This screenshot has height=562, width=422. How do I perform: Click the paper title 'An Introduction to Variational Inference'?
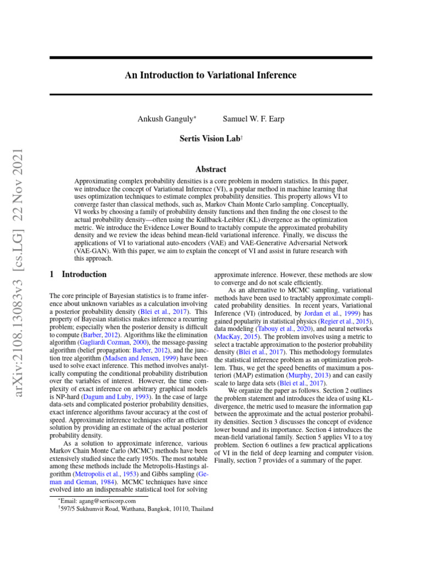tap(210, 75)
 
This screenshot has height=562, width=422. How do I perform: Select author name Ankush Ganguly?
tap(159, 119)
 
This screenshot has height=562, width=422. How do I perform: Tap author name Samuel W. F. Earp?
tap(253, 119)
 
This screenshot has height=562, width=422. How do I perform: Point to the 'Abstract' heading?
tap(210, 170)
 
